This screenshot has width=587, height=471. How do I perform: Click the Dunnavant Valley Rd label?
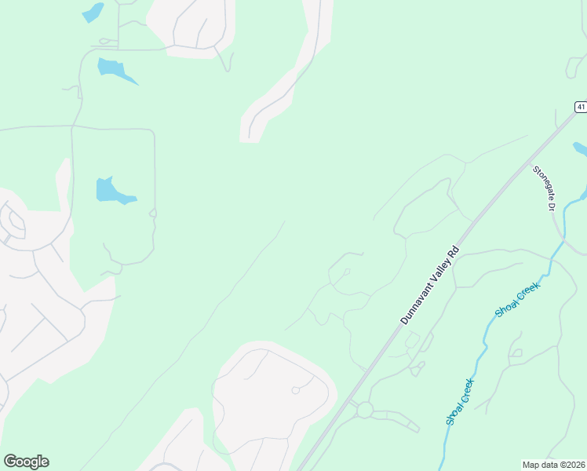tap(429, 286)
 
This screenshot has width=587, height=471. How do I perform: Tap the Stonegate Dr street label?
tap(544, 188)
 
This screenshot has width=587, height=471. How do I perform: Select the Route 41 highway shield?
tap(580, 106)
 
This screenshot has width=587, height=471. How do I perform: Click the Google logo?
tap(26, 462)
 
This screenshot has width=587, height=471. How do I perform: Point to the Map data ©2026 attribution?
tap(554, 465)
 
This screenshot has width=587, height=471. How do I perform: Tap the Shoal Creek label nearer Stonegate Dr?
tap(518, 301)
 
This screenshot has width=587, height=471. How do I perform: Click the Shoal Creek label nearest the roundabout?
tap(461, 401)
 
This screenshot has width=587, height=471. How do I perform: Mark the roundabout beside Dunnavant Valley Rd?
tap(364, 410)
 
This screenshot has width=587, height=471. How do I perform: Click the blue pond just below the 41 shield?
tap(580, 148)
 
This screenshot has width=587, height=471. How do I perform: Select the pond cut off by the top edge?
tap(93, 12)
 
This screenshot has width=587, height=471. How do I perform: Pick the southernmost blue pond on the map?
tap(112, 190)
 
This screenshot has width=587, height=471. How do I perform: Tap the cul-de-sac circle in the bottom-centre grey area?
tap(296, 390)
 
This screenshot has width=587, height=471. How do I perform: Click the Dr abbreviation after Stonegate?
tap(551, 206)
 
